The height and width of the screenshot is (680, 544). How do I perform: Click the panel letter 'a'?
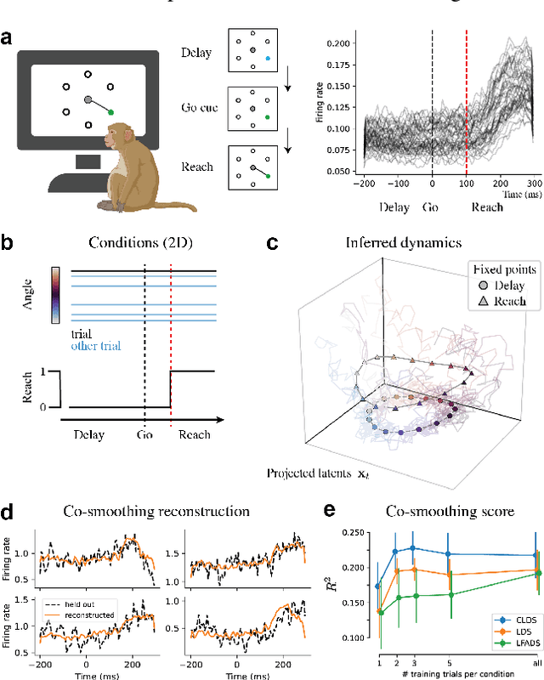coord(9,38)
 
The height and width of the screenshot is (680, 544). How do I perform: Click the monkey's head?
coord(119,135)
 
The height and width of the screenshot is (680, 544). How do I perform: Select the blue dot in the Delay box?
coord(268,59)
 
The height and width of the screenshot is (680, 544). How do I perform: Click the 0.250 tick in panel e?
coord(357,531)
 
